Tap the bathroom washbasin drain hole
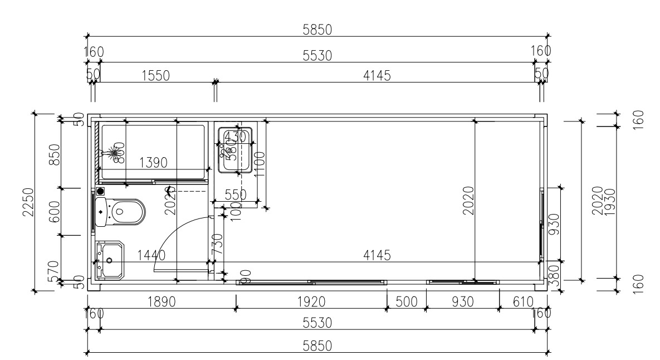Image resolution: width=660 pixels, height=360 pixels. pyautogui.click(x=109, y=260)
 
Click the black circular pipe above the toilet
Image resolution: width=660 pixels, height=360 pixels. pyautogui.click(x=101, y=191)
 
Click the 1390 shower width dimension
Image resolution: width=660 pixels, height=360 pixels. pyautogui.click(x=153, y=163)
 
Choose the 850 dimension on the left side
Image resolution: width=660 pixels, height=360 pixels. pyautogui.click(x=55, y=155)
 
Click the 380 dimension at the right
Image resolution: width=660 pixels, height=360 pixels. pyautogui.click(x=554, y=274)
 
